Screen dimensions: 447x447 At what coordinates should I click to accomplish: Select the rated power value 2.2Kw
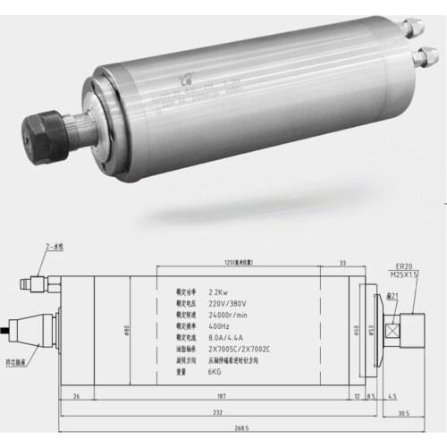tap(220, 291)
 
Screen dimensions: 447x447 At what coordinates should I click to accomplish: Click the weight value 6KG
tap(216, 373)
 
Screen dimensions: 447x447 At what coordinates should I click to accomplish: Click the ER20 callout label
tap(403, 266)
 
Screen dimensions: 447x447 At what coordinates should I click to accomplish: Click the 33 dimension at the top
tap(343, 262)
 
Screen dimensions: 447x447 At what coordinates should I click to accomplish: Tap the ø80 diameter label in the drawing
tap(127, 330)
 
